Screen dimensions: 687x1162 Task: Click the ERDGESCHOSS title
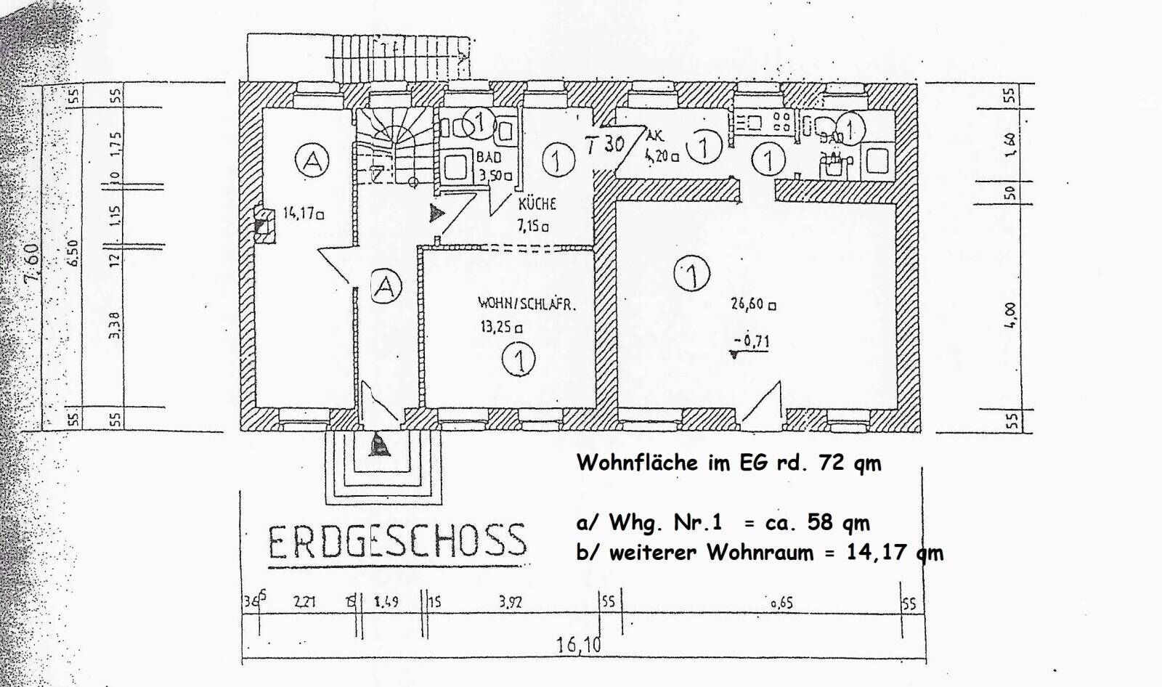[397, 540]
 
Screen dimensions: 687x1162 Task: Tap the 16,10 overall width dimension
[580, 644]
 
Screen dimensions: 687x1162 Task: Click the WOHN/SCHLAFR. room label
[527, 304]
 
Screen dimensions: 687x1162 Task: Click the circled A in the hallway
[386, 285]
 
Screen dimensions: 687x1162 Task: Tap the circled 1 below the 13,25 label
[520, 359]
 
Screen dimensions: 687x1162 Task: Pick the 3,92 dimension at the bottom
[511, 602]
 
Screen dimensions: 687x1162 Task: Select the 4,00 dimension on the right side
[1010, 314]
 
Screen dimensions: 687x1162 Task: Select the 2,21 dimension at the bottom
[306, 602]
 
